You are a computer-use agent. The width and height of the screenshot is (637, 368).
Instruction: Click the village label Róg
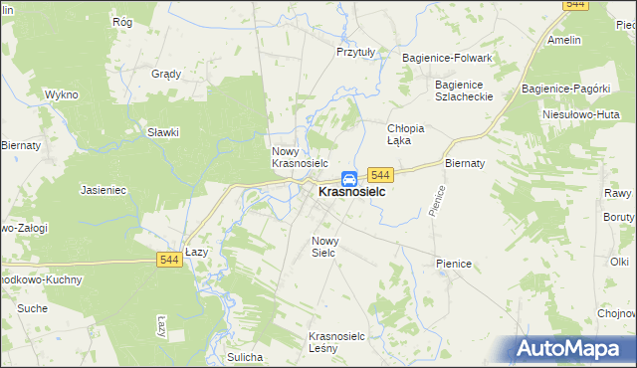click(x=122, y=21)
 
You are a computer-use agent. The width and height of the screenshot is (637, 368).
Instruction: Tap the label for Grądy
click(x=165, y=74)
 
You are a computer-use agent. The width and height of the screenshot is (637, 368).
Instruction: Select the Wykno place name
click(x=61, y=94)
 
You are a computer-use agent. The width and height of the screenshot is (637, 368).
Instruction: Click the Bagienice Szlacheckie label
click(x=459, y=91)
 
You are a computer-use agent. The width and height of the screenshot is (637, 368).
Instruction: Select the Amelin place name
click(x=564, y=41)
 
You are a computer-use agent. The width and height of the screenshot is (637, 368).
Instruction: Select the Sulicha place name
click(x=244, y=357)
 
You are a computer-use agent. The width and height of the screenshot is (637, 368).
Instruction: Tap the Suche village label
click(x=32, y=309)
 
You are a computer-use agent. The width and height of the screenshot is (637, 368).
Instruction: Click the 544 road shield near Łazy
click(x=169, y=260)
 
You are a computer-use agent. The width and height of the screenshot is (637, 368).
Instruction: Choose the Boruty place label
click(x=619, y=216)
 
